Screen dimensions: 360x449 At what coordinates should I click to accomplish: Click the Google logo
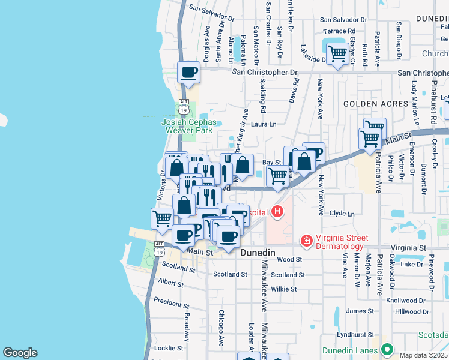point(20,353)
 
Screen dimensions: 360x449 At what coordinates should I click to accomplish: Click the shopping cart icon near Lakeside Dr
point(338,53)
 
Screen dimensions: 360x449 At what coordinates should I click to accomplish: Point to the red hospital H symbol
point(277,211)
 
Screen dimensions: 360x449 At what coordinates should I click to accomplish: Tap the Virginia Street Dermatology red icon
point(306,241)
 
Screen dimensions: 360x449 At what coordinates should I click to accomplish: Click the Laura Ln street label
point(264,124)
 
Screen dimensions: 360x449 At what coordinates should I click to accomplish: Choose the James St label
point(360,311)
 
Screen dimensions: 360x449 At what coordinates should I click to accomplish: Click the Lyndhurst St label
point(355,334)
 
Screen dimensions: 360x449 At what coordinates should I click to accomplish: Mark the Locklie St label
point(169,348)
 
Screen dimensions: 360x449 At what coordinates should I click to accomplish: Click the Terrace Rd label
point(339,31)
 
